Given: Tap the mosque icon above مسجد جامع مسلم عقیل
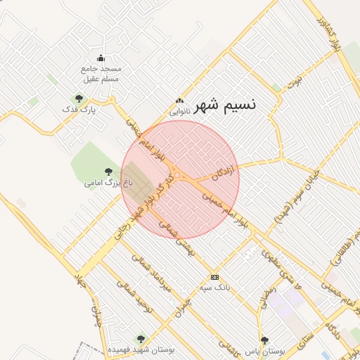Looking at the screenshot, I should pyautogui.click(x=101, y=58).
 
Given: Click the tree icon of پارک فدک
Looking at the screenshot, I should pyautogui.click(x=78, y=98).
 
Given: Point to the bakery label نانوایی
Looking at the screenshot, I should pyautogui.click(x=179, y=110).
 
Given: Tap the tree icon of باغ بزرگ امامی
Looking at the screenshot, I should pyautogui.click(x=108, y=171).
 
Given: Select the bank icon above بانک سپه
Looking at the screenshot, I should pyautogui.click(x=214, y=276).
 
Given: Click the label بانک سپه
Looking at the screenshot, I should pyautogui.click(x=214, y=288).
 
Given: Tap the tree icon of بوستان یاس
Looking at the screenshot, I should pyautogui.click(x=264, y=340).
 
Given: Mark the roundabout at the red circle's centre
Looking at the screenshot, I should pyautogui.click(x=179, y=175).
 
